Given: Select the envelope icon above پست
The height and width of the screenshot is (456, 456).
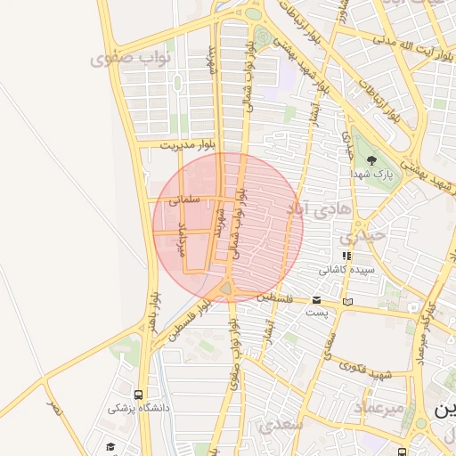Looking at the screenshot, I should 317,300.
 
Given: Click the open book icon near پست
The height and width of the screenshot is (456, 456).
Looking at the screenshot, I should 347,302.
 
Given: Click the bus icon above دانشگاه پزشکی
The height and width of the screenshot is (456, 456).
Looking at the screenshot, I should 137,395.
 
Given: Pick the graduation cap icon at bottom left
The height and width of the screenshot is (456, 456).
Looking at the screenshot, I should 110,446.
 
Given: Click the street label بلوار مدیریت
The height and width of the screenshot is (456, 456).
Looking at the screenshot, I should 189,144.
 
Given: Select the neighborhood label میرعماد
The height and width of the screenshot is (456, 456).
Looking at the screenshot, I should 380,406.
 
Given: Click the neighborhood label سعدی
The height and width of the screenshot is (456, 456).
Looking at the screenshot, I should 281,425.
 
